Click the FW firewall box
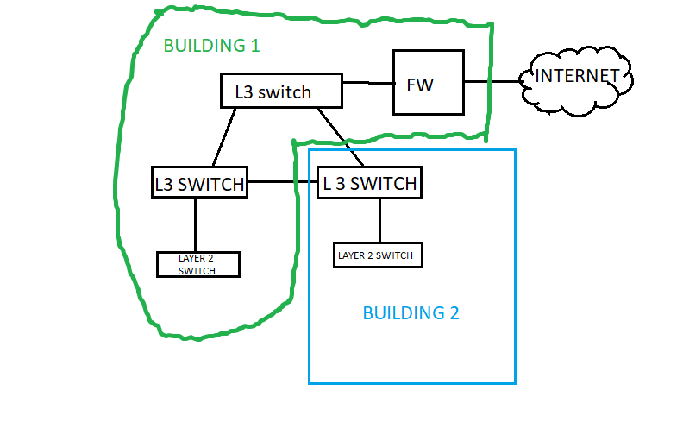(428, 82)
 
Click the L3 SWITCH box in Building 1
(199, 183)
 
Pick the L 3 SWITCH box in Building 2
(370, 183)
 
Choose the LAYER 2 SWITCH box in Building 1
(197, 264)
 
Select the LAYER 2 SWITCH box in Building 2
(378, 255)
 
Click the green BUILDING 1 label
(211, 45)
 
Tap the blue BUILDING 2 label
(411, 312)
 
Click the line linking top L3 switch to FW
(367, 83)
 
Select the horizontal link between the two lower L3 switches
(282, 182)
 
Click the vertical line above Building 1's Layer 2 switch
(195, 224)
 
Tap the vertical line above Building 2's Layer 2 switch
(379, 221)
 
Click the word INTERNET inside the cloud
(577, 76)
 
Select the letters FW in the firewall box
(420, 85)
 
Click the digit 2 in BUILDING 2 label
(454, 312)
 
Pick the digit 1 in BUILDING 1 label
(254, 45)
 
